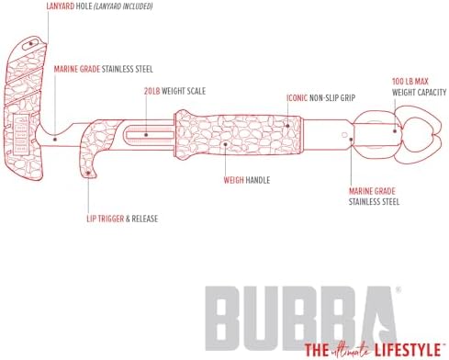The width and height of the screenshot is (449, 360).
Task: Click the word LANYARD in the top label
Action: coord(61,6)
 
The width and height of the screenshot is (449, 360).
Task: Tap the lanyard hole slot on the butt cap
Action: coord(30,44)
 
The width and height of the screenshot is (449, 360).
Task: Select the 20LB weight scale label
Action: coord(174,91)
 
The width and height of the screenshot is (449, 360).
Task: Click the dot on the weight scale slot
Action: coord(146,135)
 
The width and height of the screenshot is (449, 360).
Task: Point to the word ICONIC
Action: coord(297,98)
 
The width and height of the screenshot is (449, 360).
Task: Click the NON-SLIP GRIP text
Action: coord(332,98)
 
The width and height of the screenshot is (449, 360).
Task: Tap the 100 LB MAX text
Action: coord(410,82)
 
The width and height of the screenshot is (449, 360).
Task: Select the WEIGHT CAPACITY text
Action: coord(419,92)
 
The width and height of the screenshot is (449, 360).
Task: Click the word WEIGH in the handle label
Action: coord(233,180)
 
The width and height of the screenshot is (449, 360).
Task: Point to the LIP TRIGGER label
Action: coord(106,219)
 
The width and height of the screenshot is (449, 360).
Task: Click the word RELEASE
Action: coord(145,219)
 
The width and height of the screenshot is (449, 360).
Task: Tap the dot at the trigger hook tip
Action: coord(88,173)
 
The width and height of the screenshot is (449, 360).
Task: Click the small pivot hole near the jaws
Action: coord(344,135)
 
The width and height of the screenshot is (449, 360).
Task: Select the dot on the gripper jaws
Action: coord(395,131)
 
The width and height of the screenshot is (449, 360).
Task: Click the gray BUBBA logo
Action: coord(301,319)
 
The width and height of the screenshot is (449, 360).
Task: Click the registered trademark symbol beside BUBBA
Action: coord(398,289)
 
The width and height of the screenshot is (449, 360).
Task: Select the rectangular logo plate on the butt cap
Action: coord(21,133)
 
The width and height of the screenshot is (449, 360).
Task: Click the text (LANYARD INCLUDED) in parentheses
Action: coord(123,6)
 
